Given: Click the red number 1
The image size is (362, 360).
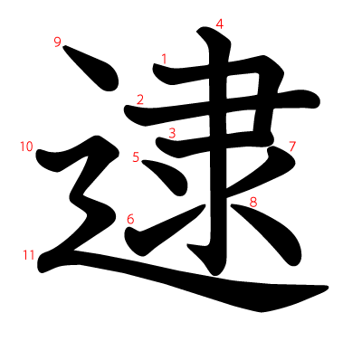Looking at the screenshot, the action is pos(164,59).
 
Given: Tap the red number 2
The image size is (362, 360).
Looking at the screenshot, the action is pos(140,99).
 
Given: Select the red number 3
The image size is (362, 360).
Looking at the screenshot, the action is pos(172,133).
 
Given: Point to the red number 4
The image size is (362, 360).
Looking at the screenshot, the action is pos(219,24).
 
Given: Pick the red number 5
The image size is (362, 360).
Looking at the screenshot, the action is pos(136,157).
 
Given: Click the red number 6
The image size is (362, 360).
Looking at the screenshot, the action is pos(130,219).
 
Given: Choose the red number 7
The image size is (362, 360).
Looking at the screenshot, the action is pos(292,146).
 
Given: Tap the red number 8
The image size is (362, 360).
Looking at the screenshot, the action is pos(253,203).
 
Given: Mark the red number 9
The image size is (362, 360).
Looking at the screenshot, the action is pos(58,42).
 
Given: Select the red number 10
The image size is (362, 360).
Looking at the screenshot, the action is pos(26,146).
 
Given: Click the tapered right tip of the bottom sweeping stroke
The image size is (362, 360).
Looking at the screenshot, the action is pos(323,290).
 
